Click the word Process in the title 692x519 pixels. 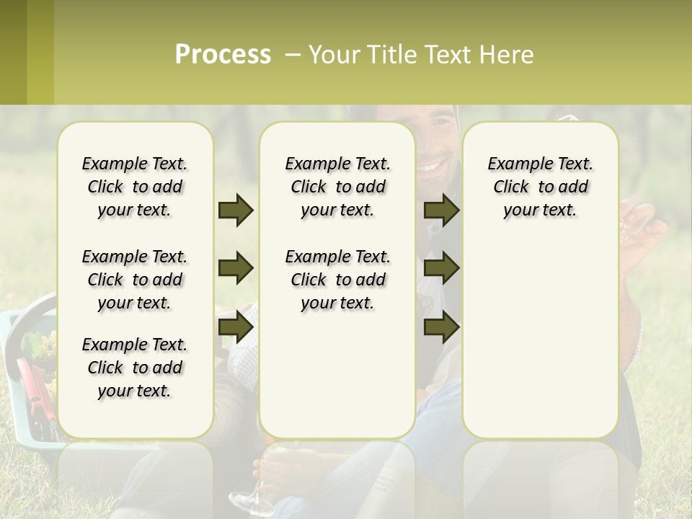point(223,55)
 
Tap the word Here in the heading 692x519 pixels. point(505,55)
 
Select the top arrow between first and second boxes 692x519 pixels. point(236,210)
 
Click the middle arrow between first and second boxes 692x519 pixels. point(236,269)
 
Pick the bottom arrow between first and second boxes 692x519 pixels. point(236,327)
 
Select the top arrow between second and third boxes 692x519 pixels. point(441,210)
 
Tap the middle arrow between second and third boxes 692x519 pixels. point(441,269)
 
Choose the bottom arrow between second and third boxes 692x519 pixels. point(441,327)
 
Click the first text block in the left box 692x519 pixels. point(135,187)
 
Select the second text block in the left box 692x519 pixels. point(135,280)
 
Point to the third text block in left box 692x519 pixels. point(135,368)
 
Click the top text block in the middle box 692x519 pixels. point(337,187)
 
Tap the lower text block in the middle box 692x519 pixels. point(337,280)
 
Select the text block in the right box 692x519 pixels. point(540,187)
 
